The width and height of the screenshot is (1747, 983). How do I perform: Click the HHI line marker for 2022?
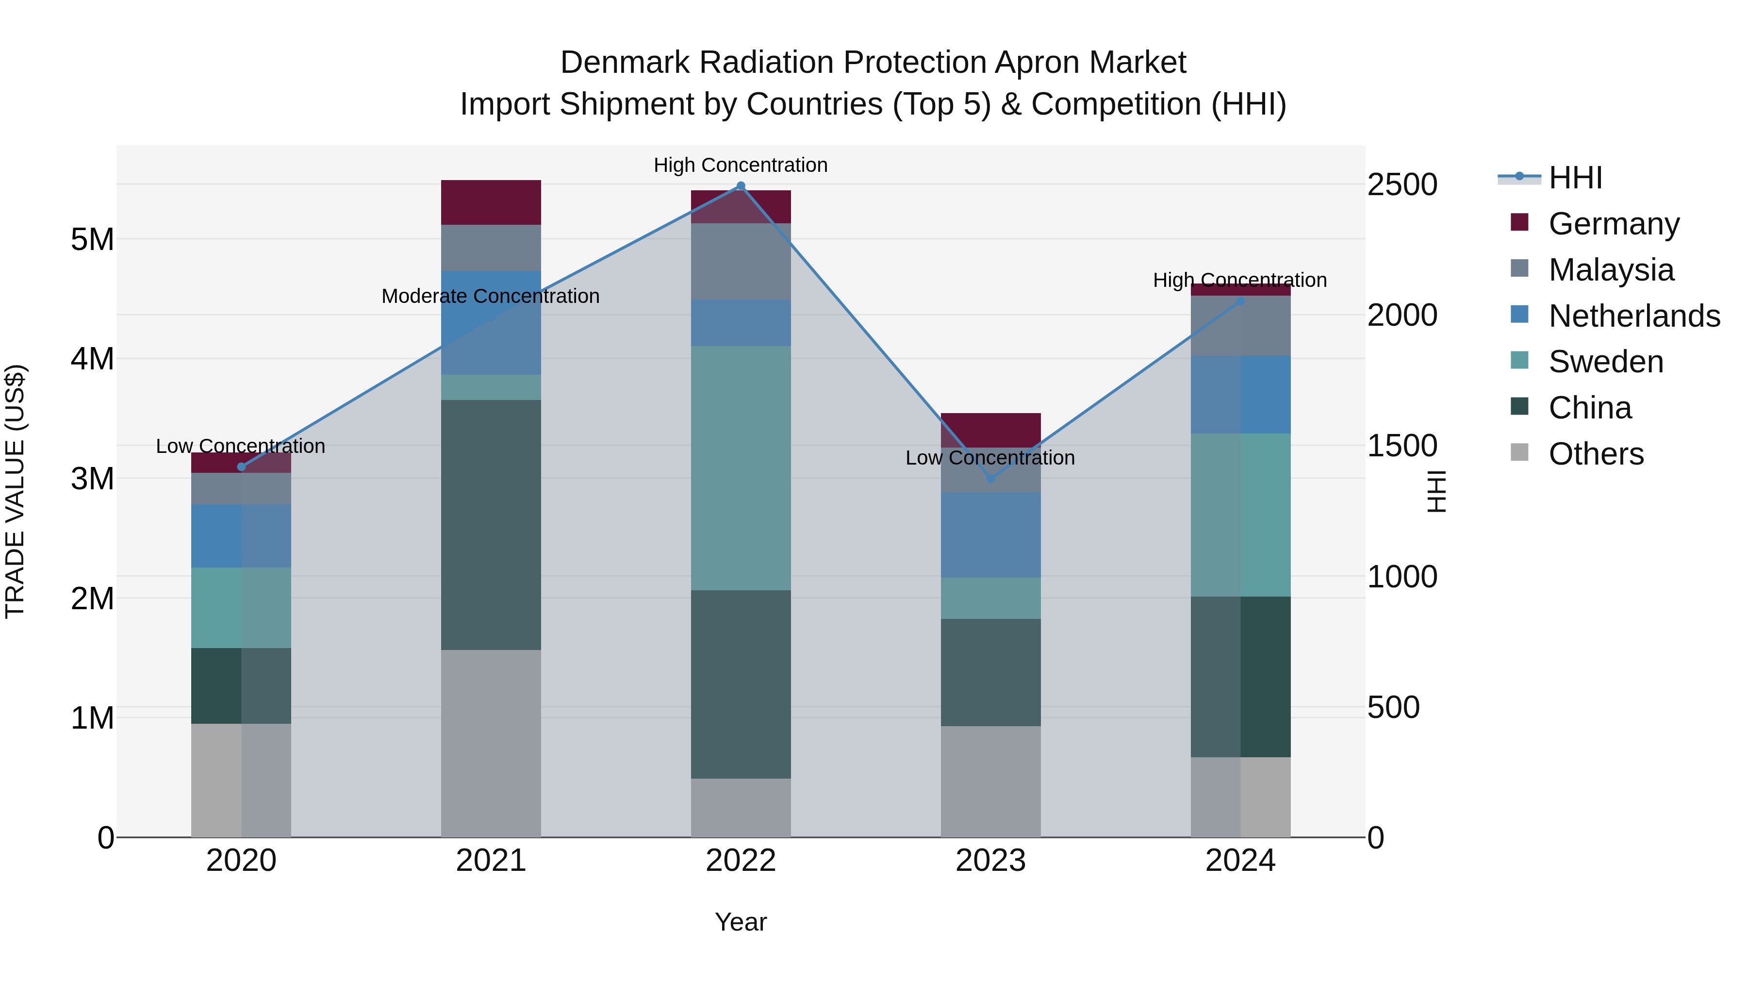click(741, 186)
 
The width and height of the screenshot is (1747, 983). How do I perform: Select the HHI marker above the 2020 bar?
click(242, 467)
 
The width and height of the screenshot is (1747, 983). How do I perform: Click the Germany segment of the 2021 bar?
click(491, 202)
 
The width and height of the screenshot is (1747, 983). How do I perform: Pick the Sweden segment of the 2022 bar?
click(741, 468)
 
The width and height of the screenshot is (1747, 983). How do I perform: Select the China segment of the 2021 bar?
click(491, 524)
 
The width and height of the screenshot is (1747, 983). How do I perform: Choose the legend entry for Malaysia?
click(1611, 270)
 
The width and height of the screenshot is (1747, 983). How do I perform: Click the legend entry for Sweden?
click(1605, 362)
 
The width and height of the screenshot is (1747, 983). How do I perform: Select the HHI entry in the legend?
click(1575, 178)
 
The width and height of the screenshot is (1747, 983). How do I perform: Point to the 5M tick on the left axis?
click(92, 239)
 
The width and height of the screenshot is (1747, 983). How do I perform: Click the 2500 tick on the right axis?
click(1402, 184)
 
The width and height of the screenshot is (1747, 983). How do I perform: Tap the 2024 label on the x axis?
click(1240, 861)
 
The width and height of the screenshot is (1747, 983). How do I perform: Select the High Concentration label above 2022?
click(741, 166)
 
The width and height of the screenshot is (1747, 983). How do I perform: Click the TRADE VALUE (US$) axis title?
click(15, 491)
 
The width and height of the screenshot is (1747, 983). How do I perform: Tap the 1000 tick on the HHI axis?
click(1402, 577)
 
